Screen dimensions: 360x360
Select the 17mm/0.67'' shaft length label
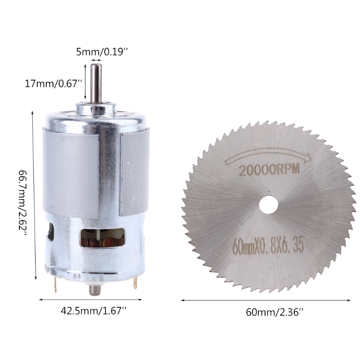pos(54,84)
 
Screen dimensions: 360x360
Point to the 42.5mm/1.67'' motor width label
pos(94,311)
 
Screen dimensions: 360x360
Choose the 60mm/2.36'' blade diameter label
pos(274,312)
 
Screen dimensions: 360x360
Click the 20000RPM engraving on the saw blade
pos(269,170)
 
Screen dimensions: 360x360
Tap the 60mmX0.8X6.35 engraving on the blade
pos(268,245)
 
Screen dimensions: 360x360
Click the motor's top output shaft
pos(96,83)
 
